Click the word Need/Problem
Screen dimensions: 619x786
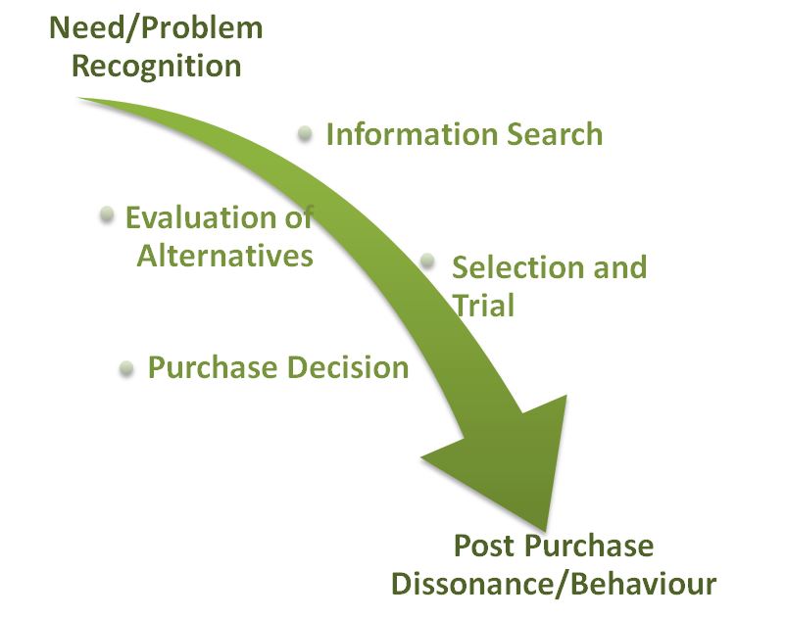[156, 27]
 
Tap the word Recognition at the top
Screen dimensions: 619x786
[156, 66]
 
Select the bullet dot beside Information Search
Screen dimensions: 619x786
[306, 131]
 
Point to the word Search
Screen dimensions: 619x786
[556, 134]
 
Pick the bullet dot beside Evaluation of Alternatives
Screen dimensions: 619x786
[107, 214]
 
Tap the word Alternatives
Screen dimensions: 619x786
[224, 256]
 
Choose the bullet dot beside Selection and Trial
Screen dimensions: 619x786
[427, 261]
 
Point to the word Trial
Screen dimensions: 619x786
[483, 305]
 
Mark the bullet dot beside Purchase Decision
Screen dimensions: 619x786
[125, 368]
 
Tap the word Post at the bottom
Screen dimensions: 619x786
[483, 546]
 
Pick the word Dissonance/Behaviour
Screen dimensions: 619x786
[554, 584]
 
